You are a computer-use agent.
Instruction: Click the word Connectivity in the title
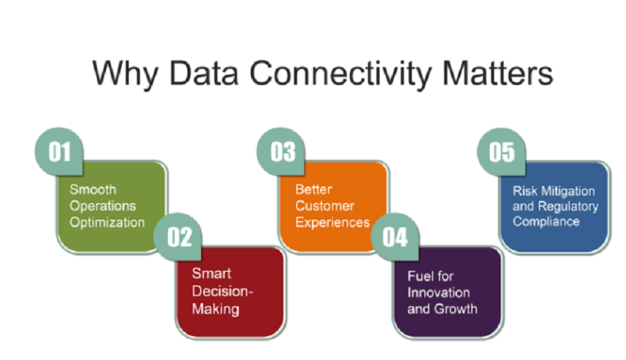tap(357, 74)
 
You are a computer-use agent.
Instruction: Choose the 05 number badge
tap(502, 152)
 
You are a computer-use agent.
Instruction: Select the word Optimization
tap(107, 222)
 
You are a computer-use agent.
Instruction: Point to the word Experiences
tap(332, 222)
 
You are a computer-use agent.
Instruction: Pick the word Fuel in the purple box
tap(419, 276)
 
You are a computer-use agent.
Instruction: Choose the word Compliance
tap(546, 222)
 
